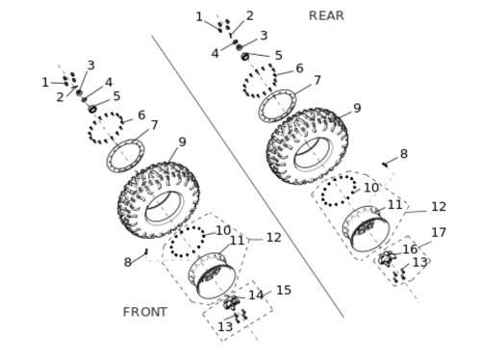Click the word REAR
[x=326, y=15]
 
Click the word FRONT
[x=145, y=312]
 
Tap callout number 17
[x=439, y=232]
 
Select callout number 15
[x=284, y=290]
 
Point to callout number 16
[x=410, y=249]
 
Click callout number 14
[x=256, y=296]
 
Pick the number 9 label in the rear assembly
[x=357, y=108]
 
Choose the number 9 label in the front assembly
[x=182, y=141]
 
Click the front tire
[x=159, y=200]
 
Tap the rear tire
[x=307, y=146]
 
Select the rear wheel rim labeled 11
[x=367, y=228]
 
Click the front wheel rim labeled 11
[x=212, y=275]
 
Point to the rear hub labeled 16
[x=386, y=259]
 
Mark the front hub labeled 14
[x=231, y=302]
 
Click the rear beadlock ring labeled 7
[x=278, y=106]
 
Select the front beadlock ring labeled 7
[x=125, y=156]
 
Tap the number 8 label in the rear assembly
[x=404, y=154]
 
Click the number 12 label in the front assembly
[x=274, y=238]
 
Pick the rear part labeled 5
[x=245, y=57]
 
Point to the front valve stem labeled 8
[x=146, y=251]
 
